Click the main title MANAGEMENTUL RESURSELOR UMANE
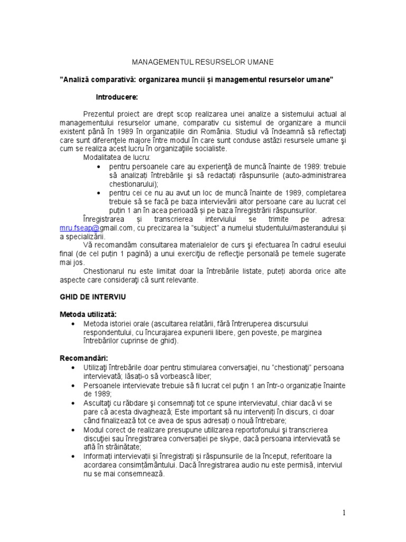coord(202,62)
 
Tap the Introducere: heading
coord(117,97)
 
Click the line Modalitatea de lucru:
coord(117,158)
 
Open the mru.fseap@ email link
coord(80,227)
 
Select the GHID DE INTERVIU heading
coord(93,297)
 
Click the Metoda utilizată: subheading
coord(88,314)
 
